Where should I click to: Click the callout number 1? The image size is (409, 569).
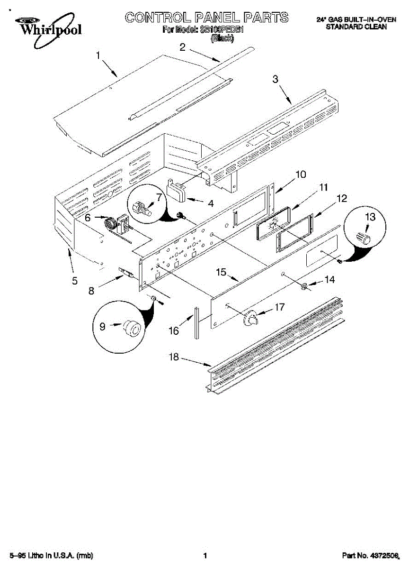click(x=99, y=55)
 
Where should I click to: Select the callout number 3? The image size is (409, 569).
click(x=275, y=79)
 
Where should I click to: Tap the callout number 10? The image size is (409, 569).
click(x=300, y=174)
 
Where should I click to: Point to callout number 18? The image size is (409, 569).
click(x=174, y=357)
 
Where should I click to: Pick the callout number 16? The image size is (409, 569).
click(x=174, y=331)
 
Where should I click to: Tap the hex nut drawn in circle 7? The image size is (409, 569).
click(x=141, y=209)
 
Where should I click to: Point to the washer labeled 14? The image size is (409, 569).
click(x=305, y=286)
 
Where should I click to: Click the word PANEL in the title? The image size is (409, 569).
click(x=216, y=18)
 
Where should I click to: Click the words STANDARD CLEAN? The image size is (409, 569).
click(x=356, y=27)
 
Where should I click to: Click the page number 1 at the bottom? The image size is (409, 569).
click(x=205, y=555)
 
